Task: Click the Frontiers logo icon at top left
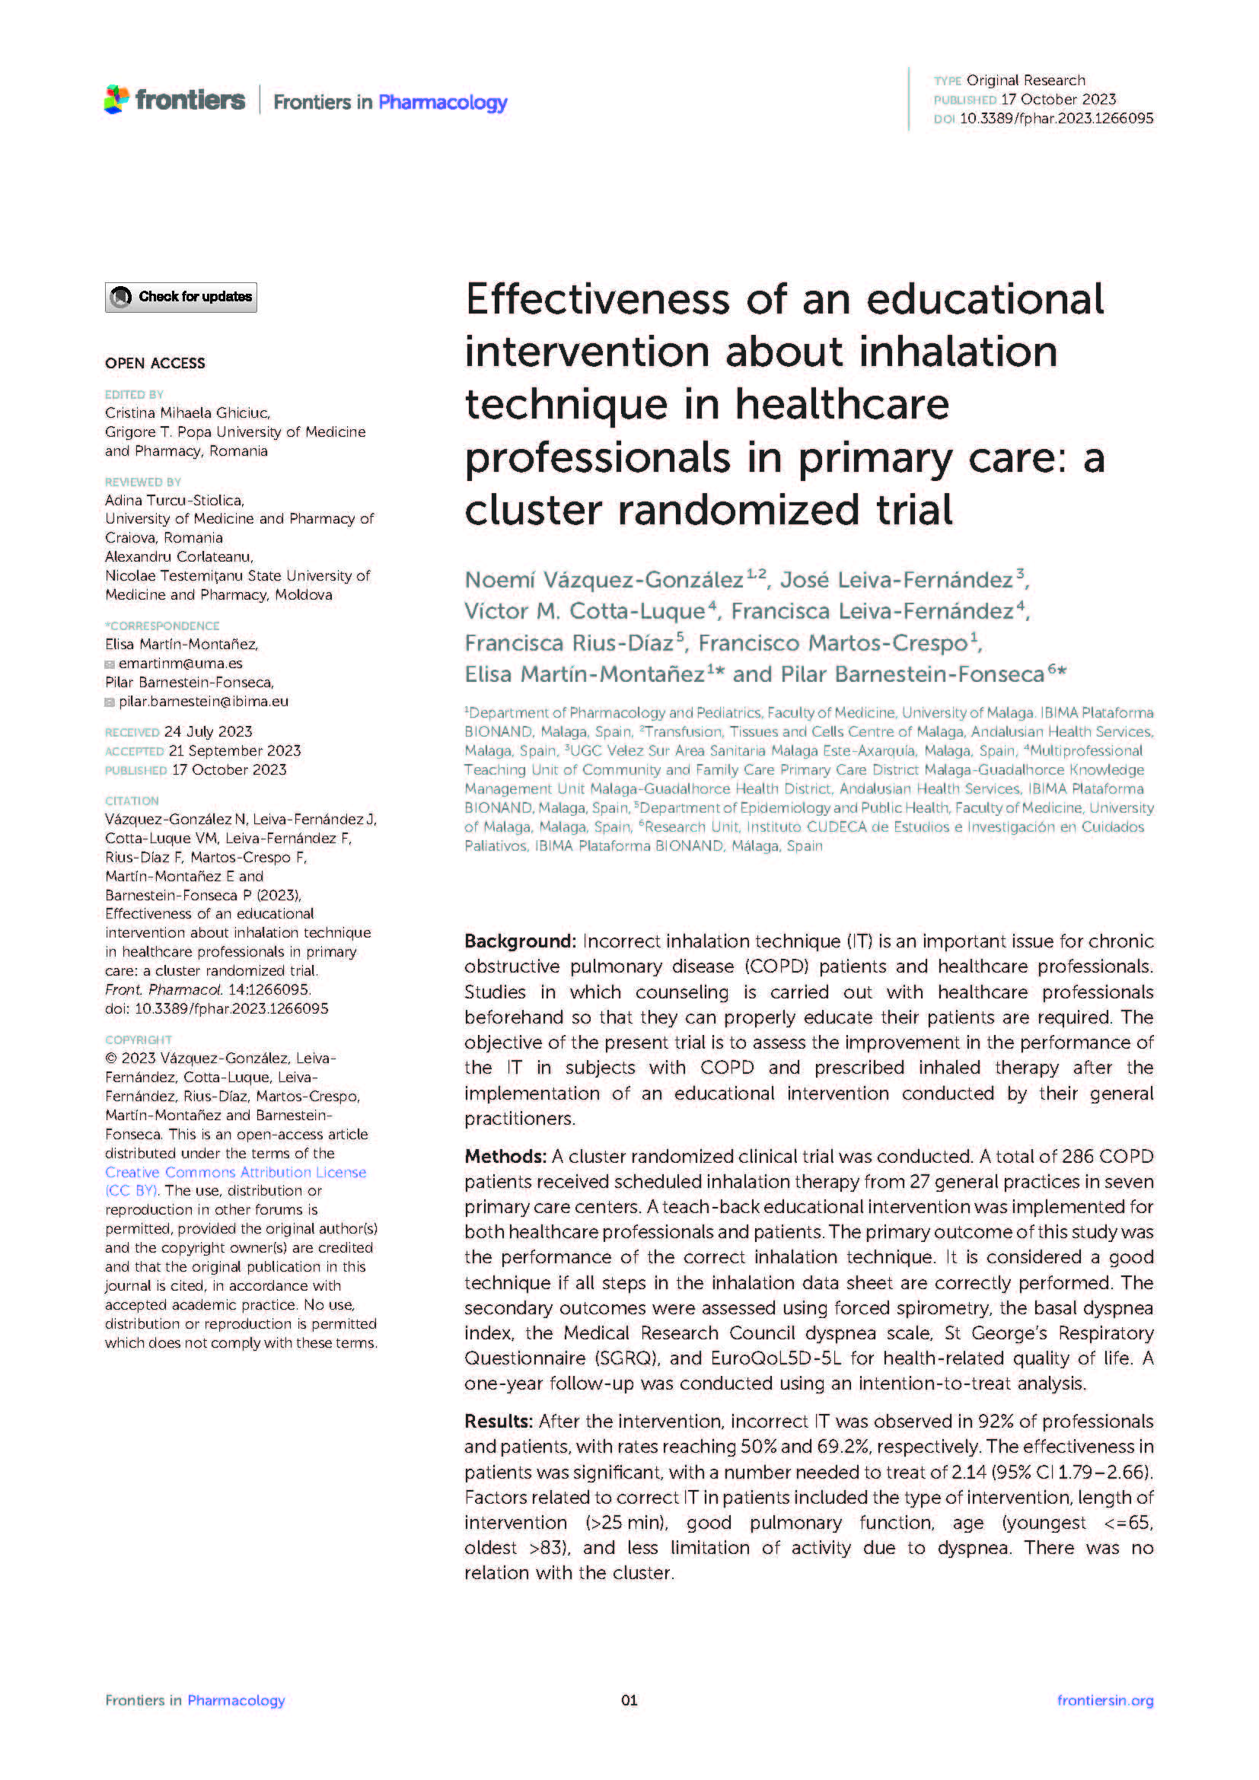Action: pos(117,100)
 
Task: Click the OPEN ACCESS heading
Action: pos(155,363)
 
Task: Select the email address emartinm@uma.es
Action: pos(180,664)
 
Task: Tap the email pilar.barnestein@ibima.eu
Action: pos(203,702)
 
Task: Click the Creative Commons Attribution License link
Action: pos(236,1172)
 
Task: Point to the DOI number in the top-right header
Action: pos(1056,119)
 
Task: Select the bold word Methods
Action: pos(505,1157)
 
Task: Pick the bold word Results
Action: pos(498,1421)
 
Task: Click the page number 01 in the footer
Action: pos(629,1700)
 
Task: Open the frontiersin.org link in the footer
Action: pos(1104,1700)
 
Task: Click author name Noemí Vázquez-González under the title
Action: pos(604,580)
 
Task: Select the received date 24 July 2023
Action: pos(208,732)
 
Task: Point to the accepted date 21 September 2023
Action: pos(234,751)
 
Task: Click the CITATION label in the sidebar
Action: pos(132,801)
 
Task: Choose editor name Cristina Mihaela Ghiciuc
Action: pos(186,413)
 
